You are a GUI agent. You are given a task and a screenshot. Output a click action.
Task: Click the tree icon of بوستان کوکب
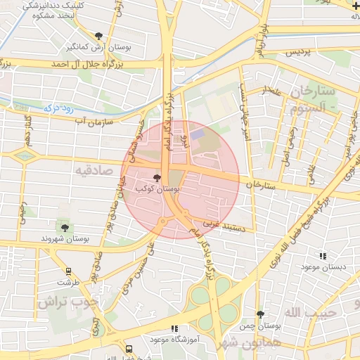pos(157,179)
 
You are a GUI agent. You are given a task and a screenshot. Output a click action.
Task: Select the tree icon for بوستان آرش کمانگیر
pos(98,36)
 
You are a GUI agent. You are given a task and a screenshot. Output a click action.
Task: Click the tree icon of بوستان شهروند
pos(65,227)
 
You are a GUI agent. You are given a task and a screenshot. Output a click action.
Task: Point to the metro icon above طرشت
pos(68,271)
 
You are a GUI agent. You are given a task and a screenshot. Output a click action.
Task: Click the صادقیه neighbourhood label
pos(96,169)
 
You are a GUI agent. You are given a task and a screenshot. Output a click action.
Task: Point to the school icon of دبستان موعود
pos(323,257)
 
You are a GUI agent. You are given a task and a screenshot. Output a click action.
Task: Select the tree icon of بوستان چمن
pos(260,315)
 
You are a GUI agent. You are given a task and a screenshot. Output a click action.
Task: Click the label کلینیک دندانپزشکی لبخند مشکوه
pos(49,9)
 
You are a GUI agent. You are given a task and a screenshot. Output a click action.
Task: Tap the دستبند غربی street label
pos(224,226)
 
